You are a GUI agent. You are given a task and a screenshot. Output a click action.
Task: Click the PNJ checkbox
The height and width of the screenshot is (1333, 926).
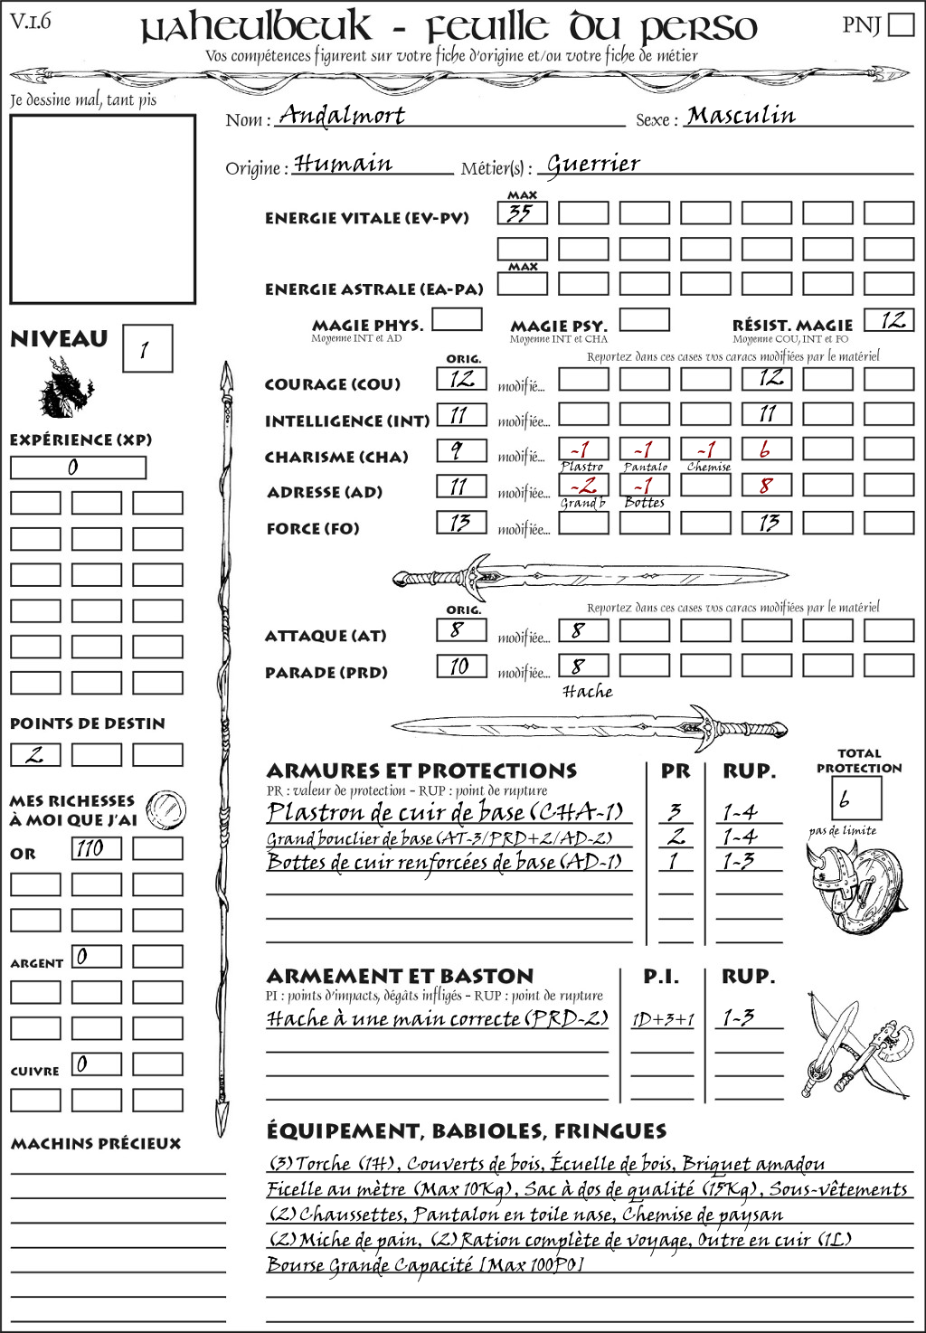(x=901, y=24)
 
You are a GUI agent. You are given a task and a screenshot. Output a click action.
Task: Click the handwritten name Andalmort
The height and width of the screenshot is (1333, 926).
(x=341, y=115)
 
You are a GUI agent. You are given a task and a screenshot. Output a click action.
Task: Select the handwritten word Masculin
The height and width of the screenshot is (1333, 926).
(x=741, y=116)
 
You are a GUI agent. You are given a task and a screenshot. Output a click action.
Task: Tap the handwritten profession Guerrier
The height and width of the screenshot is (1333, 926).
(x=593, y=164)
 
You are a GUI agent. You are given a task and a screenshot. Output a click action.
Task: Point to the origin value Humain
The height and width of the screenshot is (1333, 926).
(x=344, y=164)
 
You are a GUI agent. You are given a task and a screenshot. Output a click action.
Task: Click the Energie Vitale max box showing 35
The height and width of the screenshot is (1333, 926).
(x=522, y=213)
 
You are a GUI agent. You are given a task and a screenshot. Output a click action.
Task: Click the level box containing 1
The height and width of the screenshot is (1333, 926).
(x=146, y=349)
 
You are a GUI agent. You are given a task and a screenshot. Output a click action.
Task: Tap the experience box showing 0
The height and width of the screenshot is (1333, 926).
(x=78, y=468)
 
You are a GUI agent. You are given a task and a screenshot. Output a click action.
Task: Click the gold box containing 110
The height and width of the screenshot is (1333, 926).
(x=96, y=848)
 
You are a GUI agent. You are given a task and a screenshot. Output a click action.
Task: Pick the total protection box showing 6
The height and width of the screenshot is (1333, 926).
(x=855, y=798)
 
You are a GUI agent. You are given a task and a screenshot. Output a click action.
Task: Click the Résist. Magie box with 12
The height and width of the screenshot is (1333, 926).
(x=888, y=320)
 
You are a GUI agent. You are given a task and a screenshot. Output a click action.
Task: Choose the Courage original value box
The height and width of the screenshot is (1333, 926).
(x=461, y=379)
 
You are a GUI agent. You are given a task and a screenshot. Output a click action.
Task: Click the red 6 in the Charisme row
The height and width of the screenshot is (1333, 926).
(x=766, y=449)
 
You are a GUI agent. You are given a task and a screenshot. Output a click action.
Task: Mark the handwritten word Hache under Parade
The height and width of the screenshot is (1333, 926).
(x=587, y=692)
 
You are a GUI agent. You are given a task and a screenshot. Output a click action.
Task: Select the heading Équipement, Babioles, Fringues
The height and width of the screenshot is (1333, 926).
(x=466, y=1131)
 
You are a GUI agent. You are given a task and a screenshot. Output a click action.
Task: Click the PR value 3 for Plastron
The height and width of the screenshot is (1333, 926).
(x=675, y=812)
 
